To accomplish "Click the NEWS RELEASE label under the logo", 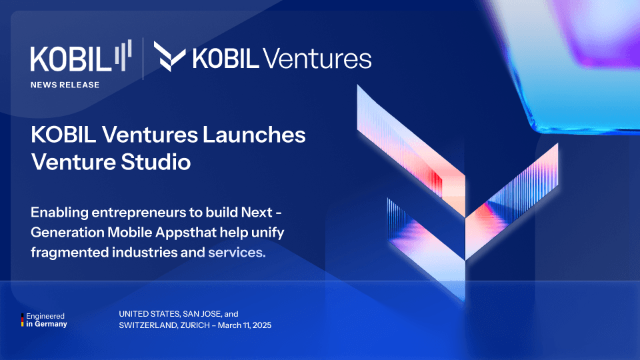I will tap(65, 85).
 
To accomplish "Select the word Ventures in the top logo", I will tap(317, 59).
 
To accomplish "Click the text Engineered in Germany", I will tap(47, 320).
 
